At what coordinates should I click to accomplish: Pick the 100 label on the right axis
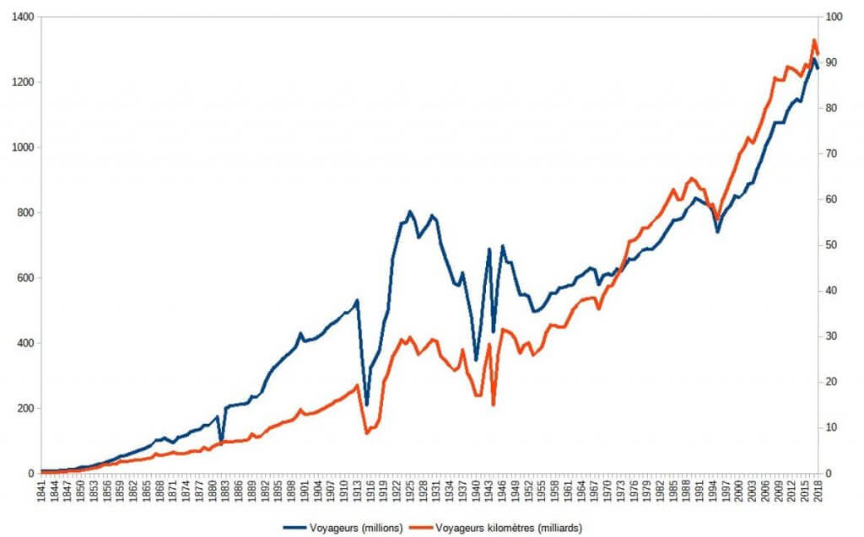835,17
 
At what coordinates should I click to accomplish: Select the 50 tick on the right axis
833,245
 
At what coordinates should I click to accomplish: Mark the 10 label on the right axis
833,428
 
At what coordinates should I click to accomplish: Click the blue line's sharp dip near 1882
221,440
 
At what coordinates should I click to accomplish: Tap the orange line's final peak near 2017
814,40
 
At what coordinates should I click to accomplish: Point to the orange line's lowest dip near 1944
494,405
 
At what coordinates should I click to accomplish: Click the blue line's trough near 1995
717,231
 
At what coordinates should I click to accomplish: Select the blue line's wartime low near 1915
366,405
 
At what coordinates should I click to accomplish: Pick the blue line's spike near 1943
489,250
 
